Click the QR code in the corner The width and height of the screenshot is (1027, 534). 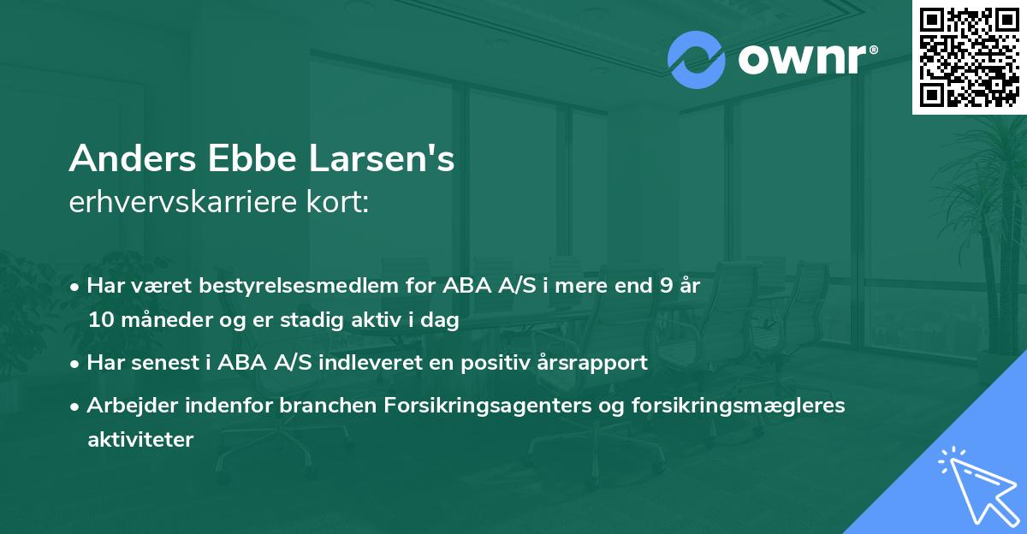tap(969, 57)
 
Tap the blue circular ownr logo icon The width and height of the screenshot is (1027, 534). tap(696, 60)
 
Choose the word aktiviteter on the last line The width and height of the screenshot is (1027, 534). tap(140, 440)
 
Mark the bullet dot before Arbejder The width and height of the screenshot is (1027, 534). tap(76, 406)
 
